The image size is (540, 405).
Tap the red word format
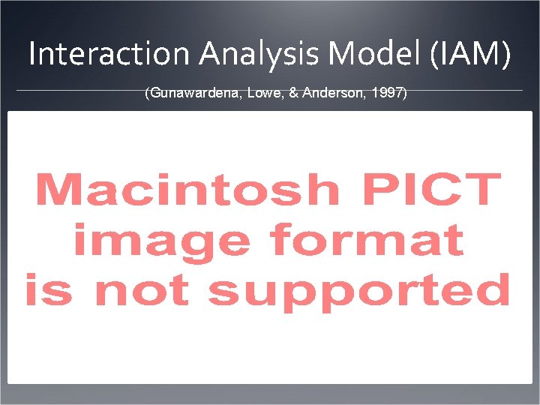point(367,240)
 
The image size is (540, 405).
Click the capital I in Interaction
point(32,54)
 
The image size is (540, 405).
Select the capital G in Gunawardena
point(154,94)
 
